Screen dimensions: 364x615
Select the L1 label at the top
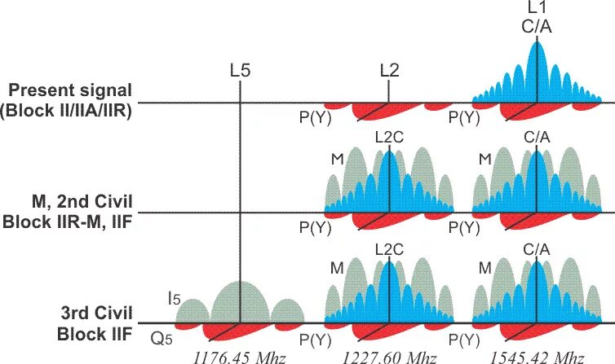tap(536, 8)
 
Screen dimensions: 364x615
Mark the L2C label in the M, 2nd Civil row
tap(388, 136)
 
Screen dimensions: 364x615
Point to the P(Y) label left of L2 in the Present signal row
tap(315, 116)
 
